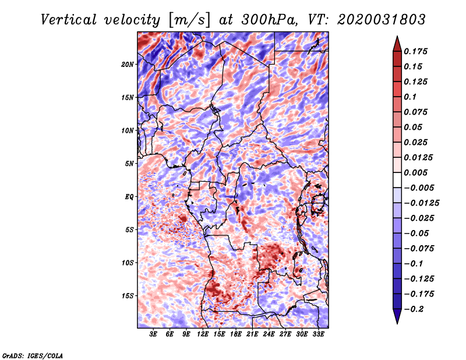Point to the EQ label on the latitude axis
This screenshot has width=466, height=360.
(129, 197)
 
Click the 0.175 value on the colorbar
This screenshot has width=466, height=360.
(416, 51)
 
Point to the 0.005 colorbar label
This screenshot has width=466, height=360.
(416, 172)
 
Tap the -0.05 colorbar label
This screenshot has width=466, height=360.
(416, 233)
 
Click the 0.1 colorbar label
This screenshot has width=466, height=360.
(411, 97)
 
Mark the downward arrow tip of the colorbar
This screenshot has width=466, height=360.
(397, 322)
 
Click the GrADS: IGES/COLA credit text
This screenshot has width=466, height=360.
(32, 355)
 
